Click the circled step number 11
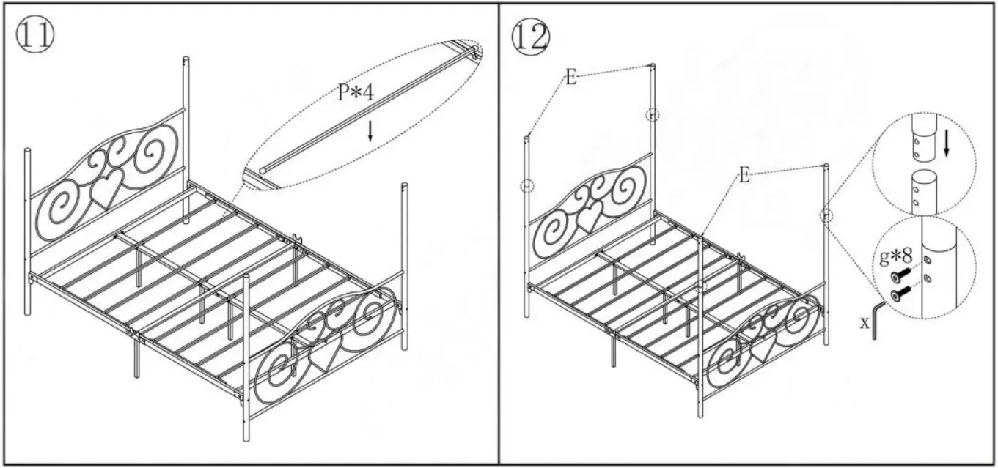click(34, 35)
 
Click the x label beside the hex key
click(865, 322)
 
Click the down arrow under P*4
click(370, 130)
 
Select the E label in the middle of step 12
click(744, 177)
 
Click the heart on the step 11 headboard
click(106, 190)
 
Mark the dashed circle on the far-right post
click(826, 215)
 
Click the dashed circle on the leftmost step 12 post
click(527, 186)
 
